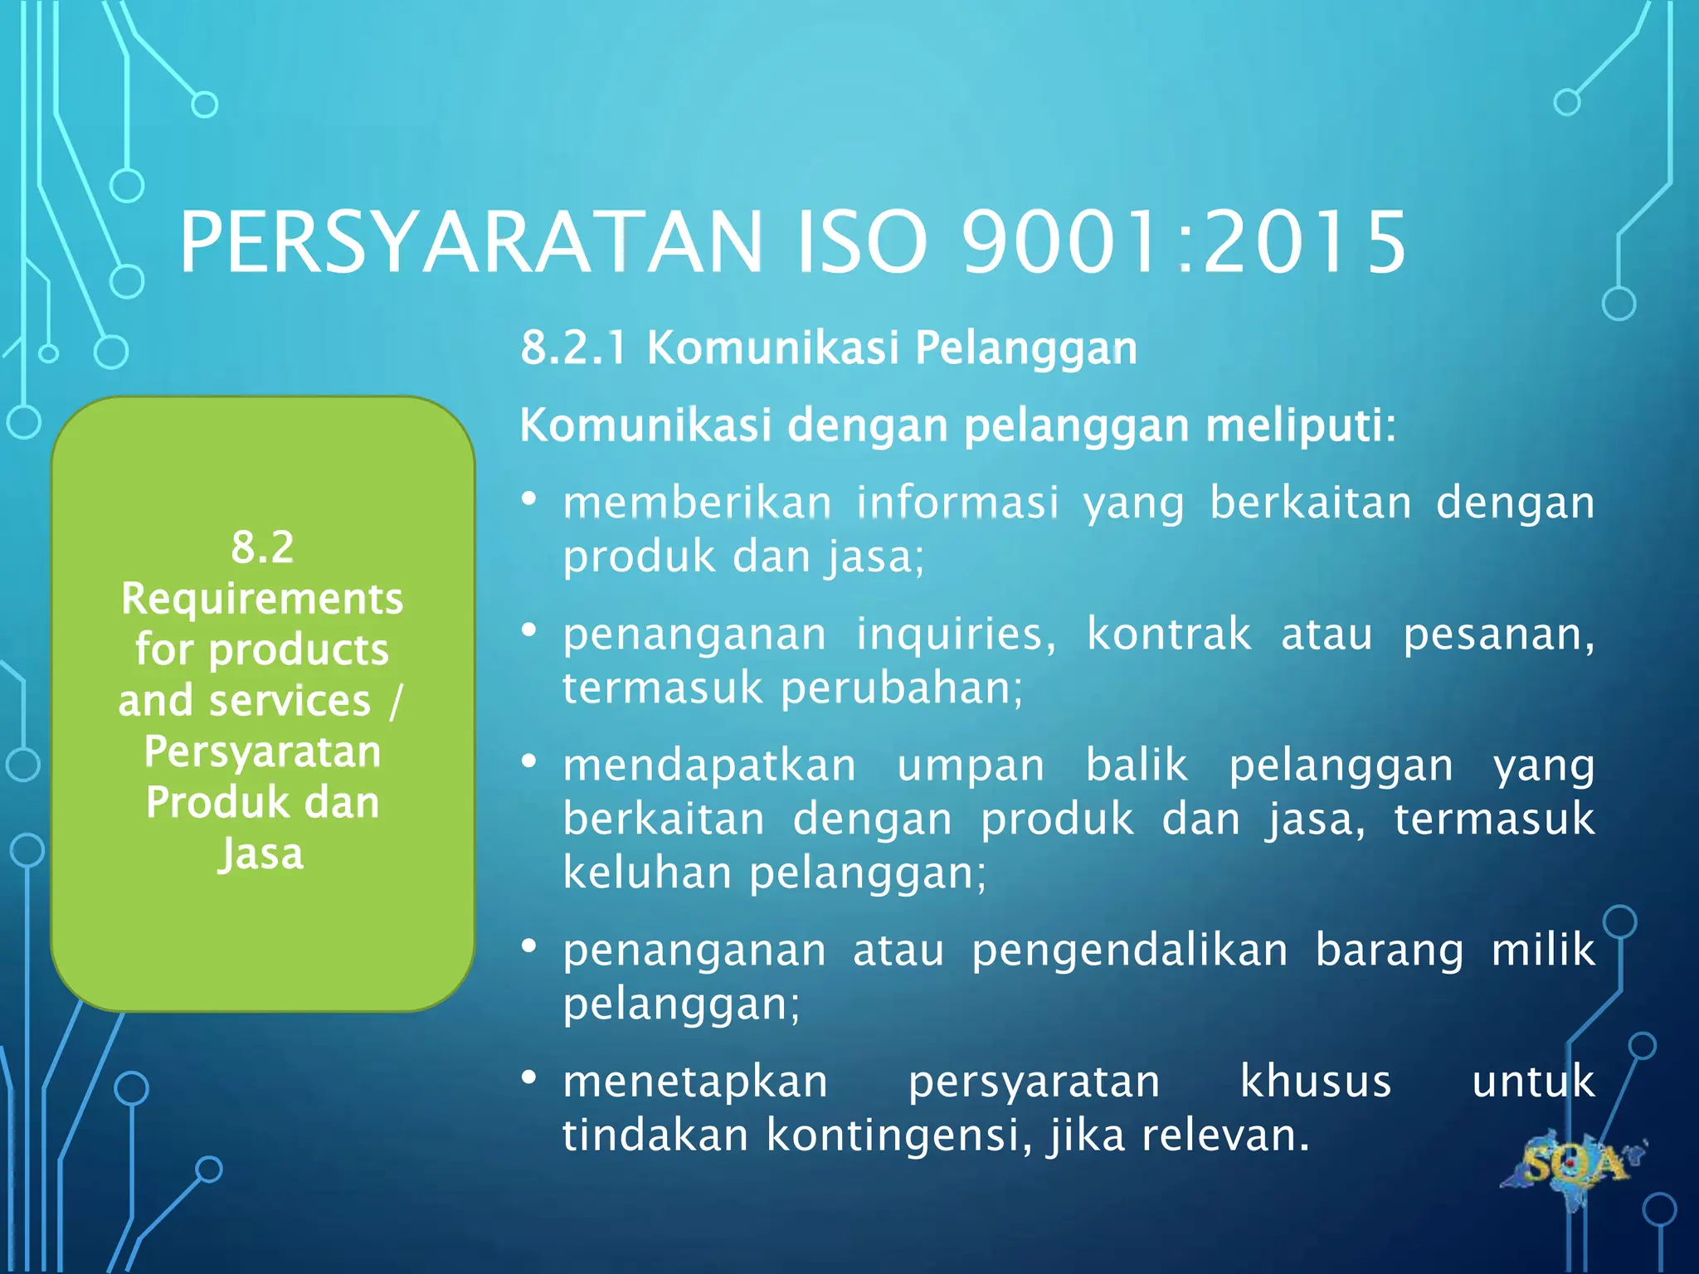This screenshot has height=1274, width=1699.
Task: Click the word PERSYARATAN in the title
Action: point(470,242)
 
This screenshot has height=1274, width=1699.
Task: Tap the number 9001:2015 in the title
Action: point(1184,242)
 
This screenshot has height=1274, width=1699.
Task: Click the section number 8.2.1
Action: point(573,348)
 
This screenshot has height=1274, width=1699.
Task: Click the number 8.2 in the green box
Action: point(262,547)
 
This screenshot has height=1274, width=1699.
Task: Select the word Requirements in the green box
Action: point(262,599)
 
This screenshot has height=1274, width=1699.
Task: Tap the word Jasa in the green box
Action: point(261,854)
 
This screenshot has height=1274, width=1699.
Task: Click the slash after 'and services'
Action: point(395,702)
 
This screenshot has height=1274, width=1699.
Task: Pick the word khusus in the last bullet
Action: point(1315,1082)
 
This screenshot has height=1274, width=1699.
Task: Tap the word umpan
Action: point(971,766)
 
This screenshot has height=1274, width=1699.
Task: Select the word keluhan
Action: point(647,873)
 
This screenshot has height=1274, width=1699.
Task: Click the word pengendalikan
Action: point(1129,951)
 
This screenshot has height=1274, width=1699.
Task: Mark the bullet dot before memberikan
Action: point(529,499)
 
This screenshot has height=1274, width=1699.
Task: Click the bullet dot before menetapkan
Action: point(529,1078)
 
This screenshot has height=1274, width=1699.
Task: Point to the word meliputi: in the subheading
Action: point(1300,425)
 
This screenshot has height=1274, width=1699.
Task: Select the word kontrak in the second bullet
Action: point(1168,635)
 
